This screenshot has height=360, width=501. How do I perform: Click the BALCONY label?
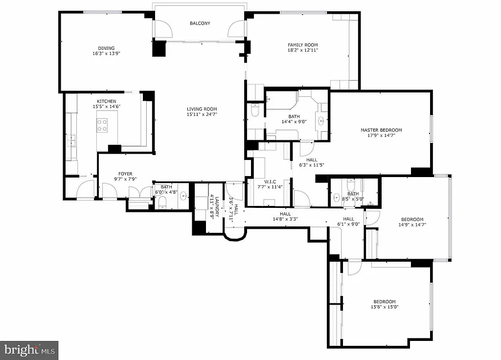point(200,23)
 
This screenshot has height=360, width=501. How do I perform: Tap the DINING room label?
point(106,48)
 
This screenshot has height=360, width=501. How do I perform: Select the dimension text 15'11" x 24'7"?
point(202,114)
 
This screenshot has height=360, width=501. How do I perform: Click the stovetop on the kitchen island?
point(103,125)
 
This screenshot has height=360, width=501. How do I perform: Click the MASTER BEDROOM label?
point(381,130)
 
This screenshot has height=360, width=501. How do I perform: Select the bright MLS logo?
point(29,350)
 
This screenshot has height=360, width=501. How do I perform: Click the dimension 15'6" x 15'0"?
point(385,307)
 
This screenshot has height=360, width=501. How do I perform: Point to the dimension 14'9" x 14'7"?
point(412,225)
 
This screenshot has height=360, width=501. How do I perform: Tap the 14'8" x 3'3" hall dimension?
point(285,219)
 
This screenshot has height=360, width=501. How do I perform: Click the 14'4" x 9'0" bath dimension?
point(294,122)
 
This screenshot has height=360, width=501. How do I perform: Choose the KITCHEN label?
point(106,101)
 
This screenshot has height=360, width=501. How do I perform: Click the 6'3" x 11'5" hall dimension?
point(312,165)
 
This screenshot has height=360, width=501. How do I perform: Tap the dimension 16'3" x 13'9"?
point(106,53)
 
